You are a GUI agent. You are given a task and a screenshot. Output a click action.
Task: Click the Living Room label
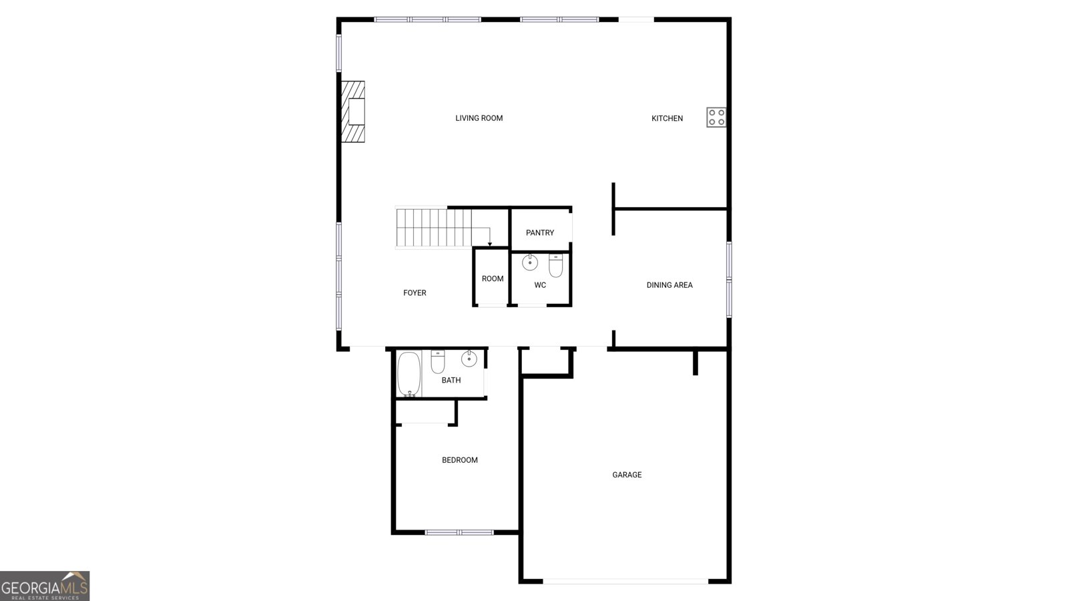click(479, 118)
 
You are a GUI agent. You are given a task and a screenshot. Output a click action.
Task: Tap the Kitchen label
click(667, 118)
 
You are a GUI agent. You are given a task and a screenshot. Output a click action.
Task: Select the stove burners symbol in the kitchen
click(716, 118)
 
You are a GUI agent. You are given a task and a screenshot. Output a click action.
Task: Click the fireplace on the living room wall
click(354, 112)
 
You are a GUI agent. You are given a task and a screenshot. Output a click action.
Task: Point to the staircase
click(434, 228)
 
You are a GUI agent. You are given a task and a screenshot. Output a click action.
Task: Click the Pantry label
click(539, 233)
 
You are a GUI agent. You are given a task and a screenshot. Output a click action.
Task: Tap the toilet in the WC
click(556, 265)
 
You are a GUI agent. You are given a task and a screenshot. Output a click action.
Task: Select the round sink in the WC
click(530, 262)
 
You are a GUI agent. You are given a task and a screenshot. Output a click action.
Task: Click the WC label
click(540, 285)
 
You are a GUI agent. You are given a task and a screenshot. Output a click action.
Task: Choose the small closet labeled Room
click(493, 278)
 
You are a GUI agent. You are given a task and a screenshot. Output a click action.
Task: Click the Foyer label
click(415, 292)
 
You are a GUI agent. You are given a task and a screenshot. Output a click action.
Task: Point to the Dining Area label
click(670, 285)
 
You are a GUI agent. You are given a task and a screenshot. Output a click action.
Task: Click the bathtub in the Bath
click(409, 375)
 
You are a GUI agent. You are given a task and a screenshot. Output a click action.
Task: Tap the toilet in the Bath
click(438, 361)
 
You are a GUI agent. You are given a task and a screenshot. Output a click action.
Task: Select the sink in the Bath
click(469, 359)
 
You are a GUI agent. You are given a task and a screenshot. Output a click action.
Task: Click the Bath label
click(451, 380)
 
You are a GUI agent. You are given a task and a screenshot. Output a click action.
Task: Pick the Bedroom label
click(460, 460)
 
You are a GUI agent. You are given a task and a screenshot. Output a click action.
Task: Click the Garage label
click(627, 475)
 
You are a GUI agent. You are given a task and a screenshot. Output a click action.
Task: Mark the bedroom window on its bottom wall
click(459, 532)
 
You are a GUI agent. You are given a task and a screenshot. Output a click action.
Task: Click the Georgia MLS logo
click(45, 586)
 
